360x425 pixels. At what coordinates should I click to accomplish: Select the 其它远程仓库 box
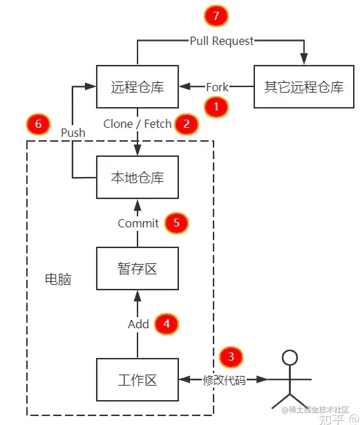(x=304, y=87)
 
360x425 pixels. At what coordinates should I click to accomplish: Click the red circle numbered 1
(x=217, y=107)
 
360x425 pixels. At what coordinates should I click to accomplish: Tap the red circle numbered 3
(x=231, y=357)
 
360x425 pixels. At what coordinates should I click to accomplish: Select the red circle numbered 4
(x=166, y=323)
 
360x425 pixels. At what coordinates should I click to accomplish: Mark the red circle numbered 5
(x=176, y=223)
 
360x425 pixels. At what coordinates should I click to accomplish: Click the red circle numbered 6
(x=38, y=124)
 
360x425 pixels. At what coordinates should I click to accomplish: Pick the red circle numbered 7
(x=216, y=15)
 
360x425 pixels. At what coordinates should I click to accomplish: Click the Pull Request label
(x=222, y=41)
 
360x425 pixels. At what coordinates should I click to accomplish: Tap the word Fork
(x=217, y=87)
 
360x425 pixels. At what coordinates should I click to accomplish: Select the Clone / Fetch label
(x=137, y=124)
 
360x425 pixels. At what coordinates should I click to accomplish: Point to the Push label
(x=73, y=132)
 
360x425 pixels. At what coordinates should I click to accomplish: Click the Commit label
(x=138, y=223)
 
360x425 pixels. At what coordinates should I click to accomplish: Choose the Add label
(x=138, y=324)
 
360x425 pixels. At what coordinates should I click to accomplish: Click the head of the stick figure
(x=290, y=357)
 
